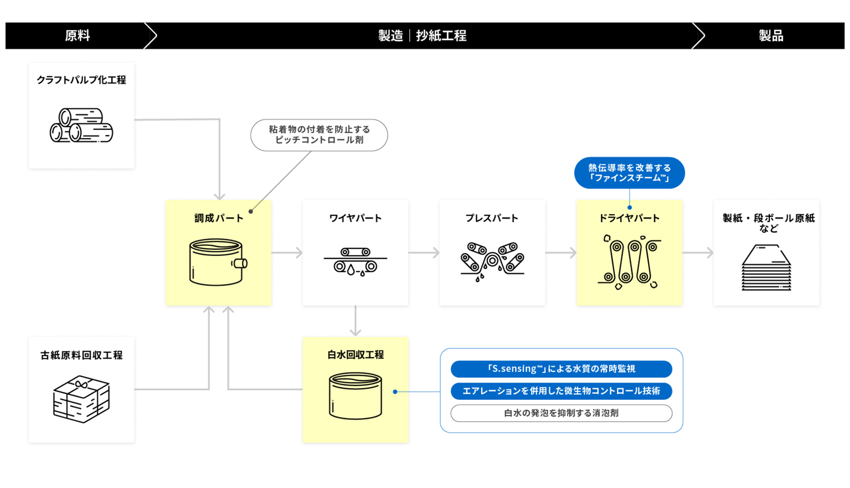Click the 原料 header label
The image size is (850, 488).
[x=77, y=36]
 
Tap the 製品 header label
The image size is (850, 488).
[x=770, y=36]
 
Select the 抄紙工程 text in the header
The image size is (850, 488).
[x=441, y=36]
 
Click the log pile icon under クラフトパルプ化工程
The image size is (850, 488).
[x=81, y=125]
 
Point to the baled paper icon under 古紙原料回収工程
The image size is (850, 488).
[x=81, y=399]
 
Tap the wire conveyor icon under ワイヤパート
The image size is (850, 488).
[x=355, y=262]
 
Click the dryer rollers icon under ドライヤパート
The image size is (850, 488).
[x=629, y=262]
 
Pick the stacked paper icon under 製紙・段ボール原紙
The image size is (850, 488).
[x=766, y=267]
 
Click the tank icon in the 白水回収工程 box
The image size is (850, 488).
[x=355, y=396]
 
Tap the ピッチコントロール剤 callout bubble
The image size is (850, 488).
[x=319, y=135]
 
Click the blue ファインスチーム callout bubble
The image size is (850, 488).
[x=629, y=172]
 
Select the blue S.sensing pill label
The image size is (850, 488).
[x=561, y=369]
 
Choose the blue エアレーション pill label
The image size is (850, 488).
[x=561, y=391]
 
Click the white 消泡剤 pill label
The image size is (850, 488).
[x=561, y=413]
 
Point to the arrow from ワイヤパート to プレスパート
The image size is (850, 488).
[x=424, y=253]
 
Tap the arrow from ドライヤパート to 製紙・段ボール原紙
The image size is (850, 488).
[x=698, y=253]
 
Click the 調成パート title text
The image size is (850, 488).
[x=218, y=218]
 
